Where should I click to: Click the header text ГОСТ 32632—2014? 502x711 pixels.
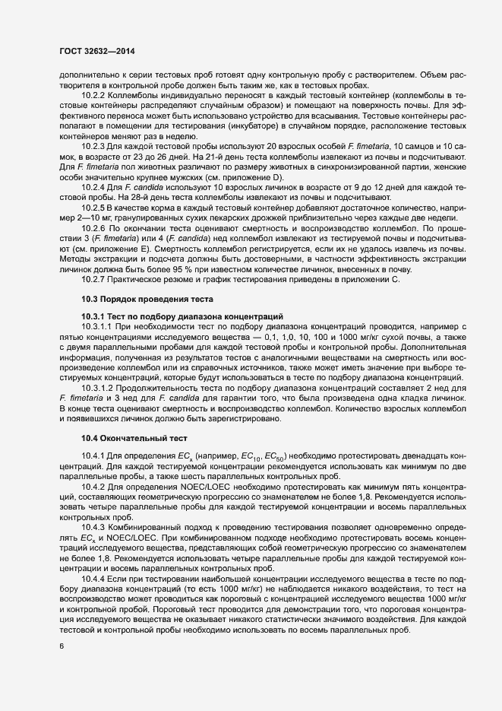98,51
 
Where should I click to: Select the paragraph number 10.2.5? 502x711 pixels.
94,208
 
